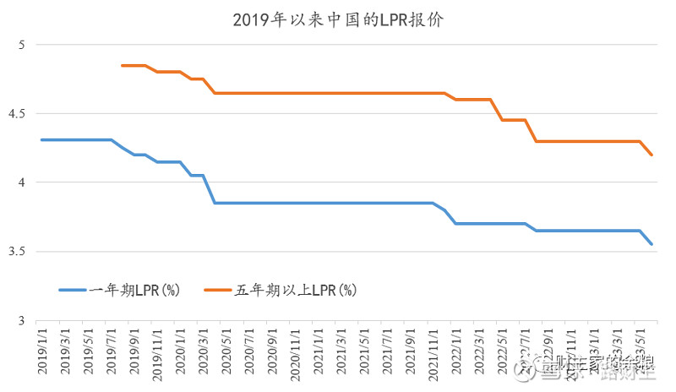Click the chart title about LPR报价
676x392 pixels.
click(338, 19)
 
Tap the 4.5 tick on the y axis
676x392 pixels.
click(19, 113)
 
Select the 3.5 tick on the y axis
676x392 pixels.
click(19, 252)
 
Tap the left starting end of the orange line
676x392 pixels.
click(123, 65)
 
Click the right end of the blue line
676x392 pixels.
click(651, 244)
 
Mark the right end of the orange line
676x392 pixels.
click(651, 155)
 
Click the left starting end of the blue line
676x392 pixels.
click(41, 139)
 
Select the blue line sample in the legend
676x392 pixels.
click(73, 290)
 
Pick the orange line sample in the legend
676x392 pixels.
click(218, 290)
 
